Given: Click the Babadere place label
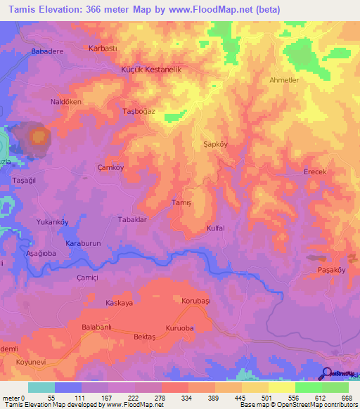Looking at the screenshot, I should coord(48,52).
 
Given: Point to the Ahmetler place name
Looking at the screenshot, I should coord(285,80).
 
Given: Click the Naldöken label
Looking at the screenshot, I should coord(65,103).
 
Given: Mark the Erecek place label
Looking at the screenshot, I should coord(315,172).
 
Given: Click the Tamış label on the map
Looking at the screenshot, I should coord(182,202).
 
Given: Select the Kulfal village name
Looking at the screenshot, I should coord(215,228).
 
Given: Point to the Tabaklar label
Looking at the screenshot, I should coord(131,220).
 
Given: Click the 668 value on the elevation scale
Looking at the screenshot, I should coord(347,398).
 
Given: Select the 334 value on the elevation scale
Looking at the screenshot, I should coord(187,398).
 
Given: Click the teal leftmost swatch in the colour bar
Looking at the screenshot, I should coord(41,387).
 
